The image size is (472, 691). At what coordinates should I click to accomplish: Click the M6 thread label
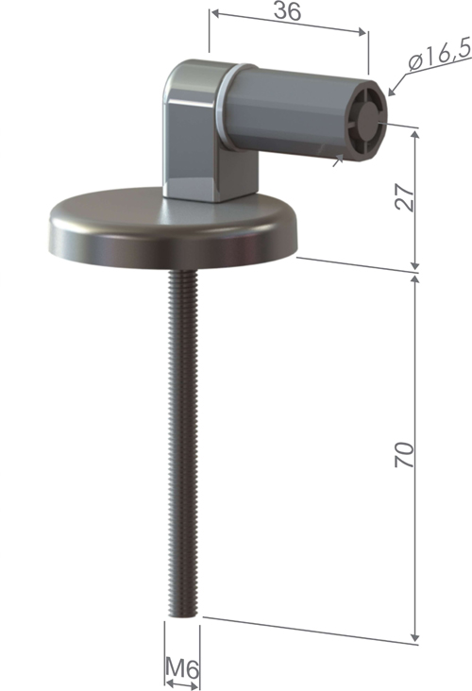pyautogui.click(x=182, y=668)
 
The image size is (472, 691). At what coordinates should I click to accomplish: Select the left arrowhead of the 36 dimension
pyautogui.click(x=213, y=14)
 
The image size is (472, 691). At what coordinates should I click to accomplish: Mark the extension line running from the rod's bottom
pyautogui.click(x=312, y=631)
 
